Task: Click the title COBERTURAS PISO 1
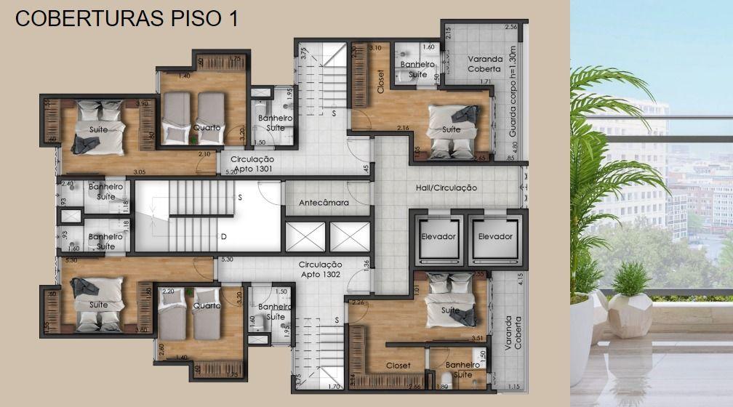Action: [127, 19]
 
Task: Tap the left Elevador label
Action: [438, 236]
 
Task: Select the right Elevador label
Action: [495, 236]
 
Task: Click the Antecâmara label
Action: [324, 203]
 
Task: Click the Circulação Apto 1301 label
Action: [252, 163]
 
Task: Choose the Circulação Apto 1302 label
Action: [321, 270]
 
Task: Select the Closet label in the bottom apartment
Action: [398, 366]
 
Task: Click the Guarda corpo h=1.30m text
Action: [513, 101]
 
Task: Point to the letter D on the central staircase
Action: [223, 237]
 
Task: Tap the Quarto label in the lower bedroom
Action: [206, 306]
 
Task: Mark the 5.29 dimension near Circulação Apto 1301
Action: [231, 172]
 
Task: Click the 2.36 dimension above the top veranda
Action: [510, 27]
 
